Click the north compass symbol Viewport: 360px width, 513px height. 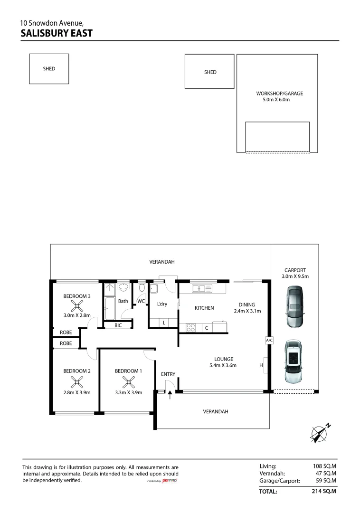(320, 433)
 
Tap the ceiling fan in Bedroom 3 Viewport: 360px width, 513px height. (77, 306)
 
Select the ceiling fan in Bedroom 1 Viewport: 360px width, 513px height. (129, 382)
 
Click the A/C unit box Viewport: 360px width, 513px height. (269, 340)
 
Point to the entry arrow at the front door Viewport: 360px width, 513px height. (170, 395)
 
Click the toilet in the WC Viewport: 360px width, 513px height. (142, 287)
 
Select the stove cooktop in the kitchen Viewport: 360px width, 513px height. (190, 327)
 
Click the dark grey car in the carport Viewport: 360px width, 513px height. (294, 306)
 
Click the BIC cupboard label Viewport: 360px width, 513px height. (118, 325)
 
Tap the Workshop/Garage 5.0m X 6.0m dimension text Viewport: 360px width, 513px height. (276, 100)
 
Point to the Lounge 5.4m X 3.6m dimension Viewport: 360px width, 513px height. (223, 365)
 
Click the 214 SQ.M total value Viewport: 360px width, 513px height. (324, 491)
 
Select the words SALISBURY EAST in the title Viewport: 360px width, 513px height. (57, 33)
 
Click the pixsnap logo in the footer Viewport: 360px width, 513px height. (170, 481)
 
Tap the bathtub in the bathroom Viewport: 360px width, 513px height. (110, 308)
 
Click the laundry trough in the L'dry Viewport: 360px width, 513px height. (153, 289)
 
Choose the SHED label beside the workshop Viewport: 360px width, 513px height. (210, 72)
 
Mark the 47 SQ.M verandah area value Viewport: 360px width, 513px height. (326, 473)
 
